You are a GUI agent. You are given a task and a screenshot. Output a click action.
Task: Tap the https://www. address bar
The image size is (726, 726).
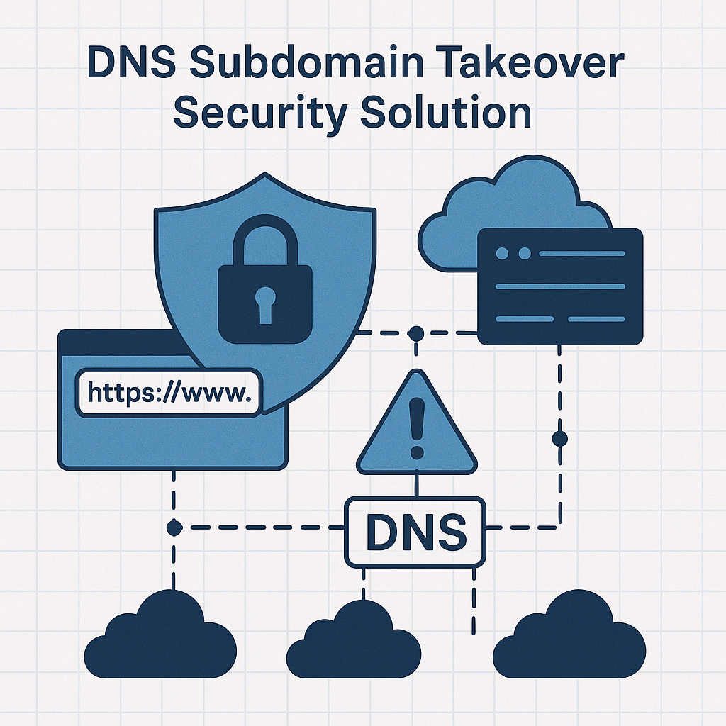(169, 391)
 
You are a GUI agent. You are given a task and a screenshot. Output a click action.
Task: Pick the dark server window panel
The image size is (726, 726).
(560, 286)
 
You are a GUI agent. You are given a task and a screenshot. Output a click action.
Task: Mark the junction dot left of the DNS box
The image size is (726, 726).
(174, 527)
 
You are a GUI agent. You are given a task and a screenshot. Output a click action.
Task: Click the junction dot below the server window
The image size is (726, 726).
(559, 438)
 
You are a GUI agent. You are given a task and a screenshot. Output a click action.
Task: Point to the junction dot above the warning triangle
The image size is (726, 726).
(416, 333)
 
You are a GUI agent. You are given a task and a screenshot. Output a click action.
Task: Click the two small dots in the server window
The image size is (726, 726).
(513, 253)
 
